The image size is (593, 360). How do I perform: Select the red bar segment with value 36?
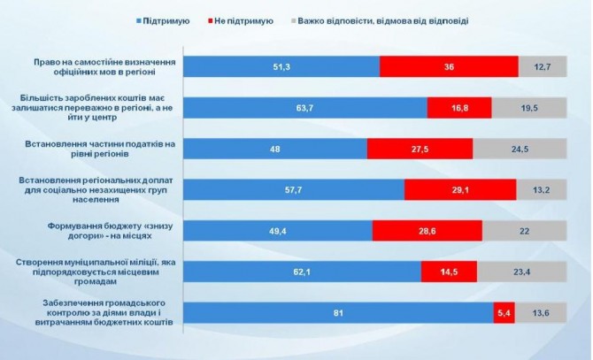449,67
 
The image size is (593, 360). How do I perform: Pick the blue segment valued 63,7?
306,107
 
